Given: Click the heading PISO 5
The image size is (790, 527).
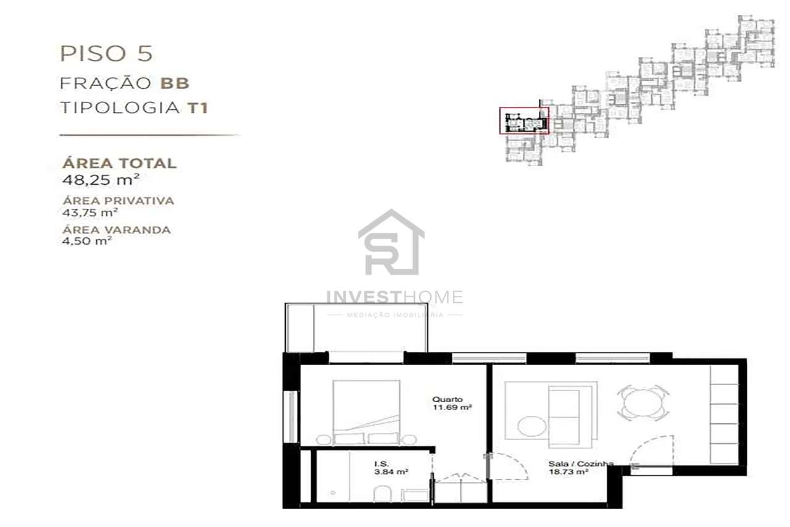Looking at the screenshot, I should tap(106, 53).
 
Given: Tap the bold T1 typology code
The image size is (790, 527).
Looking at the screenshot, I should tap(197, 108).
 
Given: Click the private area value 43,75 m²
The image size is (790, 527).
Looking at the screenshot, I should tap(90, 213).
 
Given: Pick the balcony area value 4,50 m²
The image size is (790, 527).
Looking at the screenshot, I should tap(87, 241).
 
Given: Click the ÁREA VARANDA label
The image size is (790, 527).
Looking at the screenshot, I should tap(117, 230).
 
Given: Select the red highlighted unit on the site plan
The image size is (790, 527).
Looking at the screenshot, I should tap(524, 120).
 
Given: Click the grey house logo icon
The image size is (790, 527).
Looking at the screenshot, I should tap(391, 242).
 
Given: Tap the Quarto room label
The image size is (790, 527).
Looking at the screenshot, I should tap(447, 399).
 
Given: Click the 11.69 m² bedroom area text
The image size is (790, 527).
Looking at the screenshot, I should tap(452, 408).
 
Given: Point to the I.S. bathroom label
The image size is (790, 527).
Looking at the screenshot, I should tap(381, 463).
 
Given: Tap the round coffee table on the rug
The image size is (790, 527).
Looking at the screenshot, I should tap(530, 426).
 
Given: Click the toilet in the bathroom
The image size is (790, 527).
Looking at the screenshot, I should tap(381, 493).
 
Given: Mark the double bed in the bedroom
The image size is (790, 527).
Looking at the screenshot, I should tap(366, 411).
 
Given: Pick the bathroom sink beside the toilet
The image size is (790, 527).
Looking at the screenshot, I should tap(414, 494).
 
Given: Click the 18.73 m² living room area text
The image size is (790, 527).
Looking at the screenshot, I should tap(568, 471).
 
